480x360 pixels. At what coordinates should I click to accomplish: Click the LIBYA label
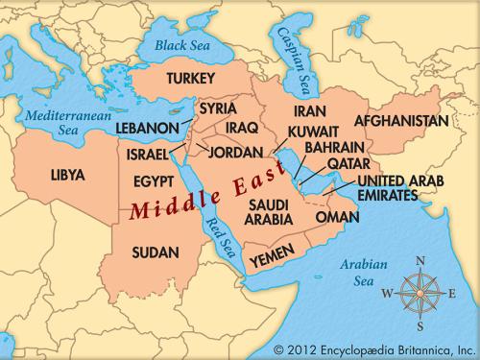(x=68, y=175)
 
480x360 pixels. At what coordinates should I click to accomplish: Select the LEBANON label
(x=148, y=127)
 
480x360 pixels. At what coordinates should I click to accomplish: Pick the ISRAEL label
(x=148, y=154)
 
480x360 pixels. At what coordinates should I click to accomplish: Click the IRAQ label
(x=244, y=127)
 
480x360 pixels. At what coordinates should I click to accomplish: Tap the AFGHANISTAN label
(x=401, y=122)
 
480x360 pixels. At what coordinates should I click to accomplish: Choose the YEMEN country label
(x=270, y=260)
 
